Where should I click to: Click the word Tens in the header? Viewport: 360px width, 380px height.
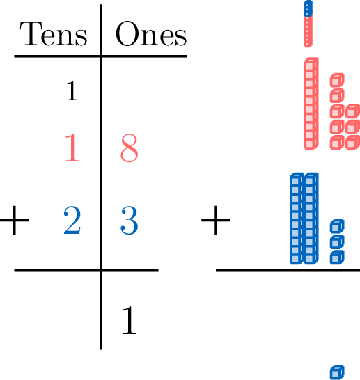click(54, 33)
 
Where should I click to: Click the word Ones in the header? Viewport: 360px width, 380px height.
click(151, 33)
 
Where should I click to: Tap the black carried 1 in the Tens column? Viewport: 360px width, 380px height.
click(72, 90)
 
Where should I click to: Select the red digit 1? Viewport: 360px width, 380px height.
click(72, 148)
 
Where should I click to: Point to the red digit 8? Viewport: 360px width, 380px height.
click(130, 148)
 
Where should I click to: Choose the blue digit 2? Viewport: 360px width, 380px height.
click(72, 220)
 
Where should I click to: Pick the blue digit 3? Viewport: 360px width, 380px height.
click(130, 221)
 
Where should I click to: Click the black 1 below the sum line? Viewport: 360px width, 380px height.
click(130, 320)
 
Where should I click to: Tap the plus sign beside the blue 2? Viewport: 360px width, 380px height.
click(15, 221)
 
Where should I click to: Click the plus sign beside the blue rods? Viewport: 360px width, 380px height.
click(216, 221)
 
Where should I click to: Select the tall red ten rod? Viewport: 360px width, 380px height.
click(311, 103)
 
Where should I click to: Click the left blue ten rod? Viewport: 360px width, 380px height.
click(297, 219)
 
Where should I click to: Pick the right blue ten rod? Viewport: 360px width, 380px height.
click(311, 219)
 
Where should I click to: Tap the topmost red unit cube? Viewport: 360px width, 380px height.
click(337, 80)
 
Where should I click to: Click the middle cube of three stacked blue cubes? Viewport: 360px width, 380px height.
click(337, 242)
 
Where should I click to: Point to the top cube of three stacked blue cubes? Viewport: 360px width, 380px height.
click(337, 226)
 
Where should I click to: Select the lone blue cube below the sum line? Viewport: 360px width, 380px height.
click(337, 373)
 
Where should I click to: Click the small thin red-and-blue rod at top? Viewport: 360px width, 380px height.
click(308, 24)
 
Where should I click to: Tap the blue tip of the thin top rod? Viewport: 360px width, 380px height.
click(308, 8)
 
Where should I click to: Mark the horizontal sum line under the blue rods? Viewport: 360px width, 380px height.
click(288, 271)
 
